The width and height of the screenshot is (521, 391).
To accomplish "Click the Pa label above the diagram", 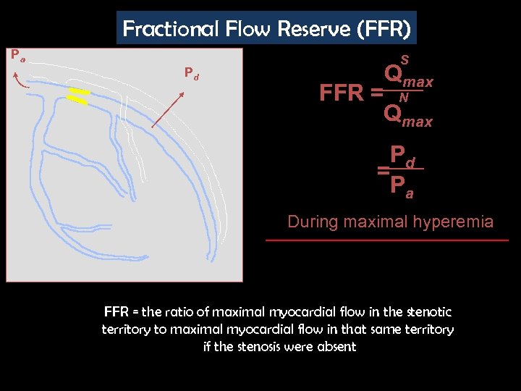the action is point(17,54).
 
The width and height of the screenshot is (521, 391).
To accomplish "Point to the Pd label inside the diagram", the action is point(191,73).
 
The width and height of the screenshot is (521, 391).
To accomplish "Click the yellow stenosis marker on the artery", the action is point(78,97).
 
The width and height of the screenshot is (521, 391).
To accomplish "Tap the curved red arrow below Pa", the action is point(20,80).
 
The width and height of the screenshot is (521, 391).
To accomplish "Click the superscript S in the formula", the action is point(404,59).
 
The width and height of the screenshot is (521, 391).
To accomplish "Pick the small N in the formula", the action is point(404,97).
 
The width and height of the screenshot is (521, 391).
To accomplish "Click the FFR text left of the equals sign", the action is point(342,93).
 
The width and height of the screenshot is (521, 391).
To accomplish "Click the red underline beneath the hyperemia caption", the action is point(387,240).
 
